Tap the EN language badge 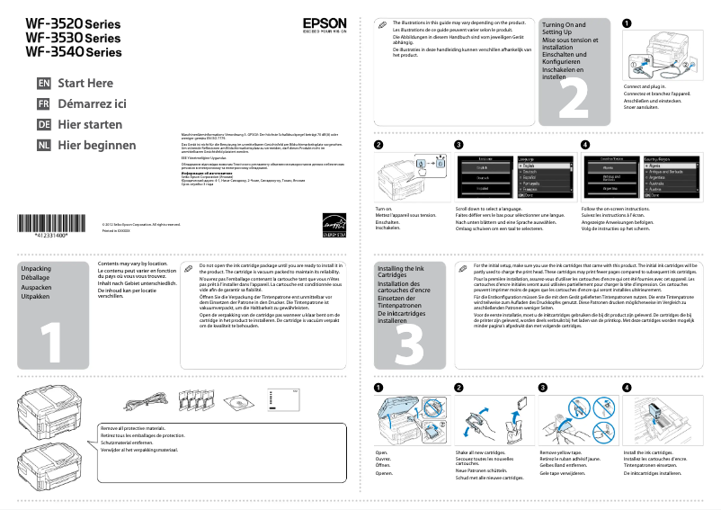pyautogui.click(x=43, y=83)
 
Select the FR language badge pyautogui.click(x=43, y=103)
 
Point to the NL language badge pyautogui.click(x=43, y=145)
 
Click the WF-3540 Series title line pyautogui.click(x=73, y=53)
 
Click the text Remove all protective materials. pyautogui.click(x=133, y=429)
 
